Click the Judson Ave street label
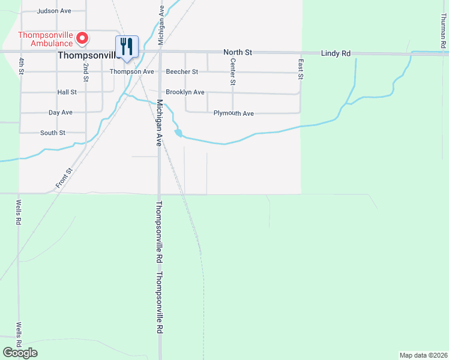click(55, 11)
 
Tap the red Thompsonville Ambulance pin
click(82, 38)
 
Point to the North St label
click(237, 53)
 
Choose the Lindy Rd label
click(336, 53)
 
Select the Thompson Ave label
click(132, 71)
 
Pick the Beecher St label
click(182, 71)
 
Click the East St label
click(300, 68)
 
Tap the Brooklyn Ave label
click(185, 92)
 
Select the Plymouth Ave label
click(234, 113)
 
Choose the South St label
click(53, 133)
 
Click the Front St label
click(64, 179)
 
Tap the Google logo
click(20, 353)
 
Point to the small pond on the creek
click(178, 132)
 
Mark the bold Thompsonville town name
click(87, 55)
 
